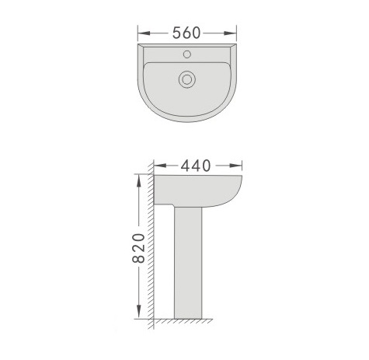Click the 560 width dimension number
point(186,33)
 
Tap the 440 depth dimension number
point(196,166)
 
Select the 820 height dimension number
point(138,248)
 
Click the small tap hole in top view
point(187,54)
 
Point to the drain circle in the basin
point(187,79)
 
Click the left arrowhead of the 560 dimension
point(144,33)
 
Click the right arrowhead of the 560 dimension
point(230,33)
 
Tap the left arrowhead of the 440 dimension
point(160,166)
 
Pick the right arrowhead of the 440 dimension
point(235,166)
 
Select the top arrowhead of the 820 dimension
point(139,181)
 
